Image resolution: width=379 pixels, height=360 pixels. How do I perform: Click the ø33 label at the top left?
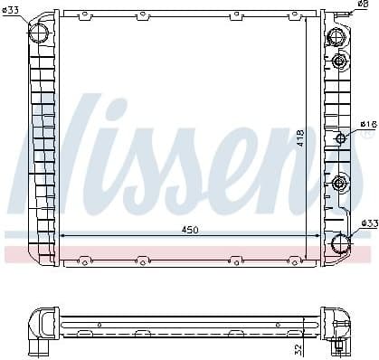[x=10, y=10]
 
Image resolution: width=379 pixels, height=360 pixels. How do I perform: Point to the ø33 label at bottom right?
[x=368, y=223]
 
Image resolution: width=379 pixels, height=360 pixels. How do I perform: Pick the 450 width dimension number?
[x=190, y=230]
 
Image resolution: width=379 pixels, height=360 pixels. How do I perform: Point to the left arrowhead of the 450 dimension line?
[x=62, y=236]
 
